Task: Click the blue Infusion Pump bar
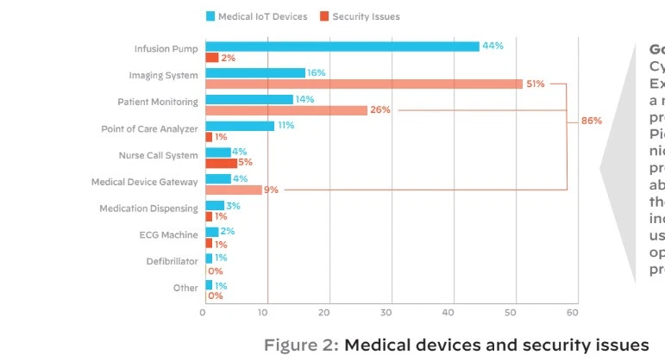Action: tap(342, 47)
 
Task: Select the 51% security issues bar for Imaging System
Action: tap(363, 84)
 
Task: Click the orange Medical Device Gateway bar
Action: tap(233, 190)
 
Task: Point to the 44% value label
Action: tap(492, 46)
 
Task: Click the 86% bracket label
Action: tap(591, 121)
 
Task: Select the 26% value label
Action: tap(380, 110)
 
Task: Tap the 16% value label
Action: tap(317, 73)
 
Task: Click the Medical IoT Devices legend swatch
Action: tap(211, 16)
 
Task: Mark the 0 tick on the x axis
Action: tap(203, 312)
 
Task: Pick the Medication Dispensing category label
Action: tap(148, 209)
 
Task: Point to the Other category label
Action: tap(185, 288)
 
